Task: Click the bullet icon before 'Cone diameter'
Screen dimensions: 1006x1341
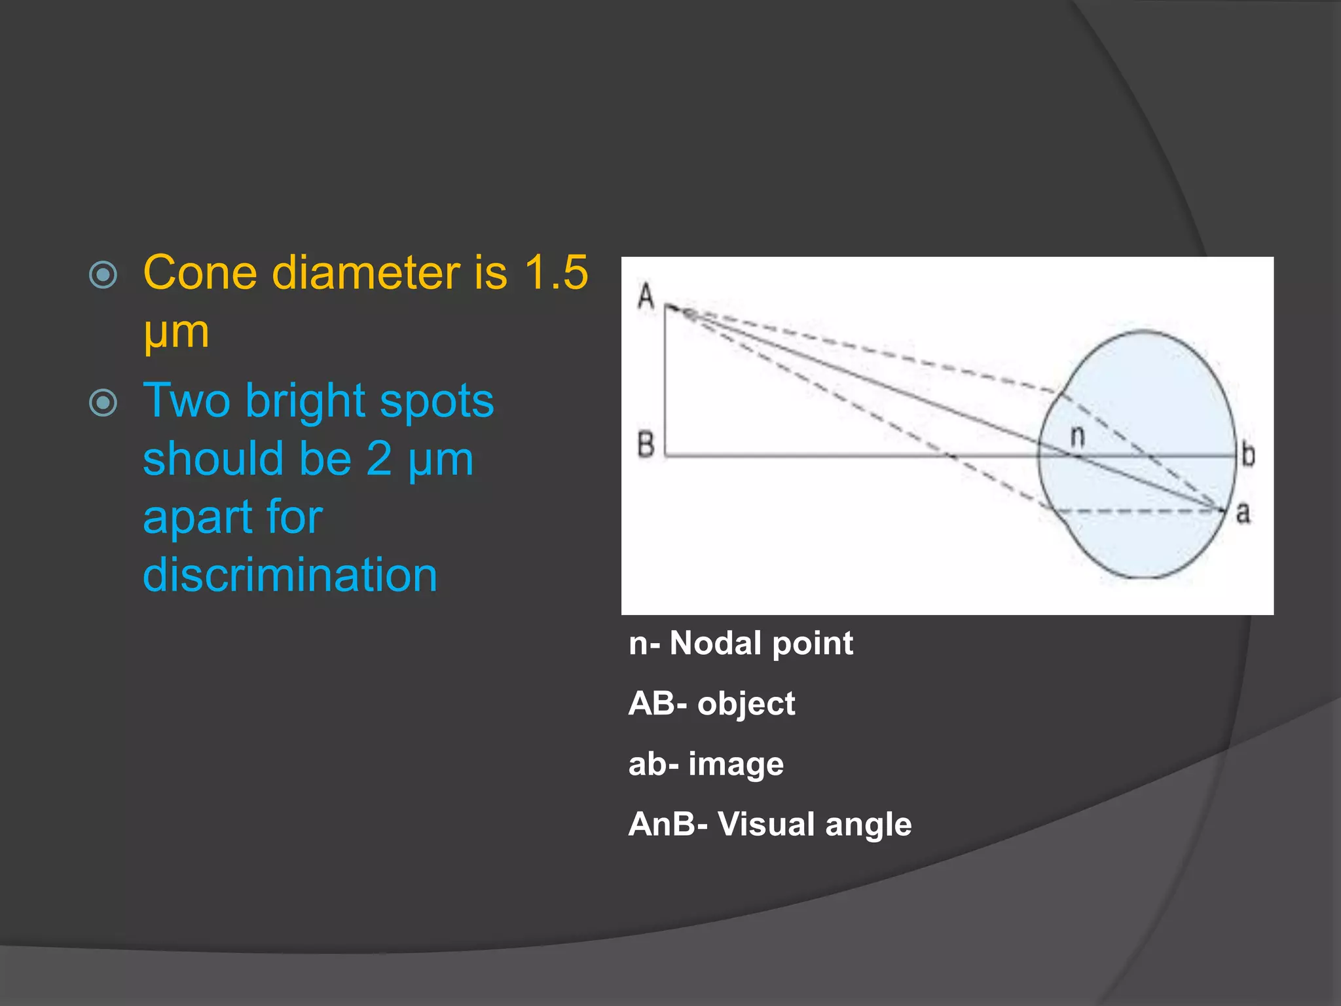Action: coord(103,275)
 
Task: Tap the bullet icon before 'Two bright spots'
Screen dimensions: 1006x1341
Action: coord(103,403)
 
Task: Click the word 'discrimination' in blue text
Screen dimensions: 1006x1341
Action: coord(290,575)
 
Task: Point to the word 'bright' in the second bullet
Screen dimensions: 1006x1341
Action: coord(305,400)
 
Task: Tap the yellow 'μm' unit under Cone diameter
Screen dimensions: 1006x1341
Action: coord(176,331)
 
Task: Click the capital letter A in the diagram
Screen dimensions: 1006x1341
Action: coord(646,296)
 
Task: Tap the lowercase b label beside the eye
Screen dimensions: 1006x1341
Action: coord(1248,455)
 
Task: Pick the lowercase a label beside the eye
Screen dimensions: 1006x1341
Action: coord(1243,513)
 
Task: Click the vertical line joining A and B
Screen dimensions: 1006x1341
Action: coord(665,380)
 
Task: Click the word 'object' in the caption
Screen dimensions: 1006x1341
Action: coord(746,704)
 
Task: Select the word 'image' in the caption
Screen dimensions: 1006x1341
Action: coord(735,764)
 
